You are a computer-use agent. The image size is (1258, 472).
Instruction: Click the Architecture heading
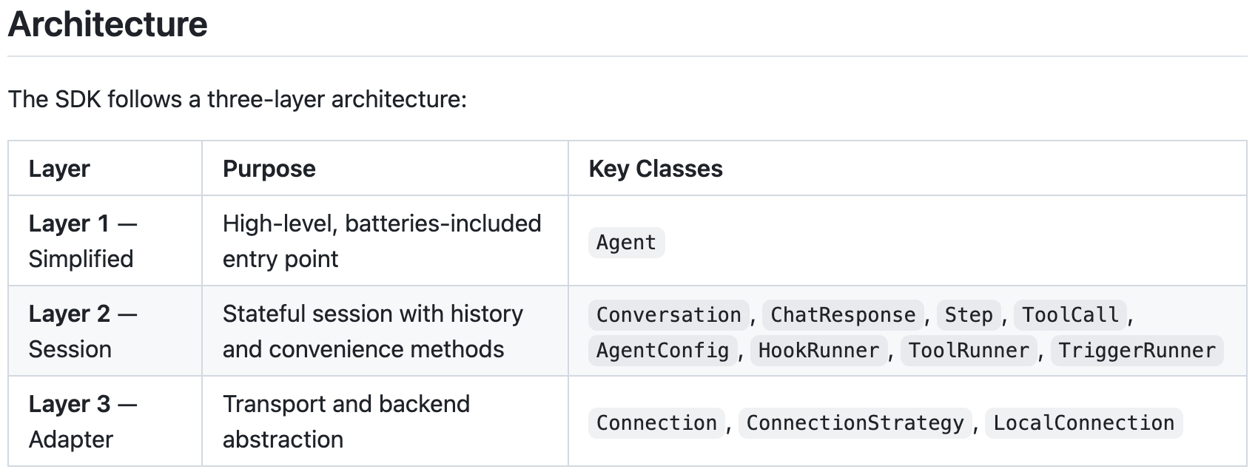108,24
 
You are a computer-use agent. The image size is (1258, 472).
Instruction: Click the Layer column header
59,169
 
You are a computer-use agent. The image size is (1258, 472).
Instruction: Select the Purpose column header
269,169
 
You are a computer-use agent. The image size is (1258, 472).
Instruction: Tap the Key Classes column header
656,169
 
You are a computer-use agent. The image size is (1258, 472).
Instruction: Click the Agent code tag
626,243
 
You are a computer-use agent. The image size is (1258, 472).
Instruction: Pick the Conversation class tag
668,315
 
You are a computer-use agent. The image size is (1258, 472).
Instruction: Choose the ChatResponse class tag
842,315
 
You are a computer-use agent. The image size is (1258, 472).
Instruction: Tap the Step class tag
969,315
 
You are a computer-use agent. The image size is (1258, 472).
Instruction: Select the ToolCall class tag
1070,315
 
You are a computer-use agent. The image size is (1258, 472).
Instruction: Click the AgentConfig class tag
663,351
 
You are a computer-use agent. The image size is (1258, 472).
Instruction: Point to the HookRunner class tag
819,351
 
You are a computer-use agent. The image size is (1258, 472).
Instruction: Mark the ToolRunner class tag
969,351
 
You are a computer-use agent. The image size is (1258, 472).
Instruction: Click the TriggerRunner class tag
1137,351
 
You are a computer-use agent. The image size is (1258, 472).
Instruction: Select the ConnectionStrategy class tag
855,423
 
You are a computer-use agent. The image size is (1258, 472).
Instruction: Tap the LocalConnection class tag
1084,423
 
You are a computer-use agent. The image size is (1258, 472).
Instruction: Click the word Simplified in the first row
81,259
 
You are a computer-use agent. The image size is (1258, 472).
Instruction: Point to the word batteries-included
443,223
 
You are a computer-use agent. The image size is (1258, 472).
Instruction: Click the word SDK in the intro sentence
78,99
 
